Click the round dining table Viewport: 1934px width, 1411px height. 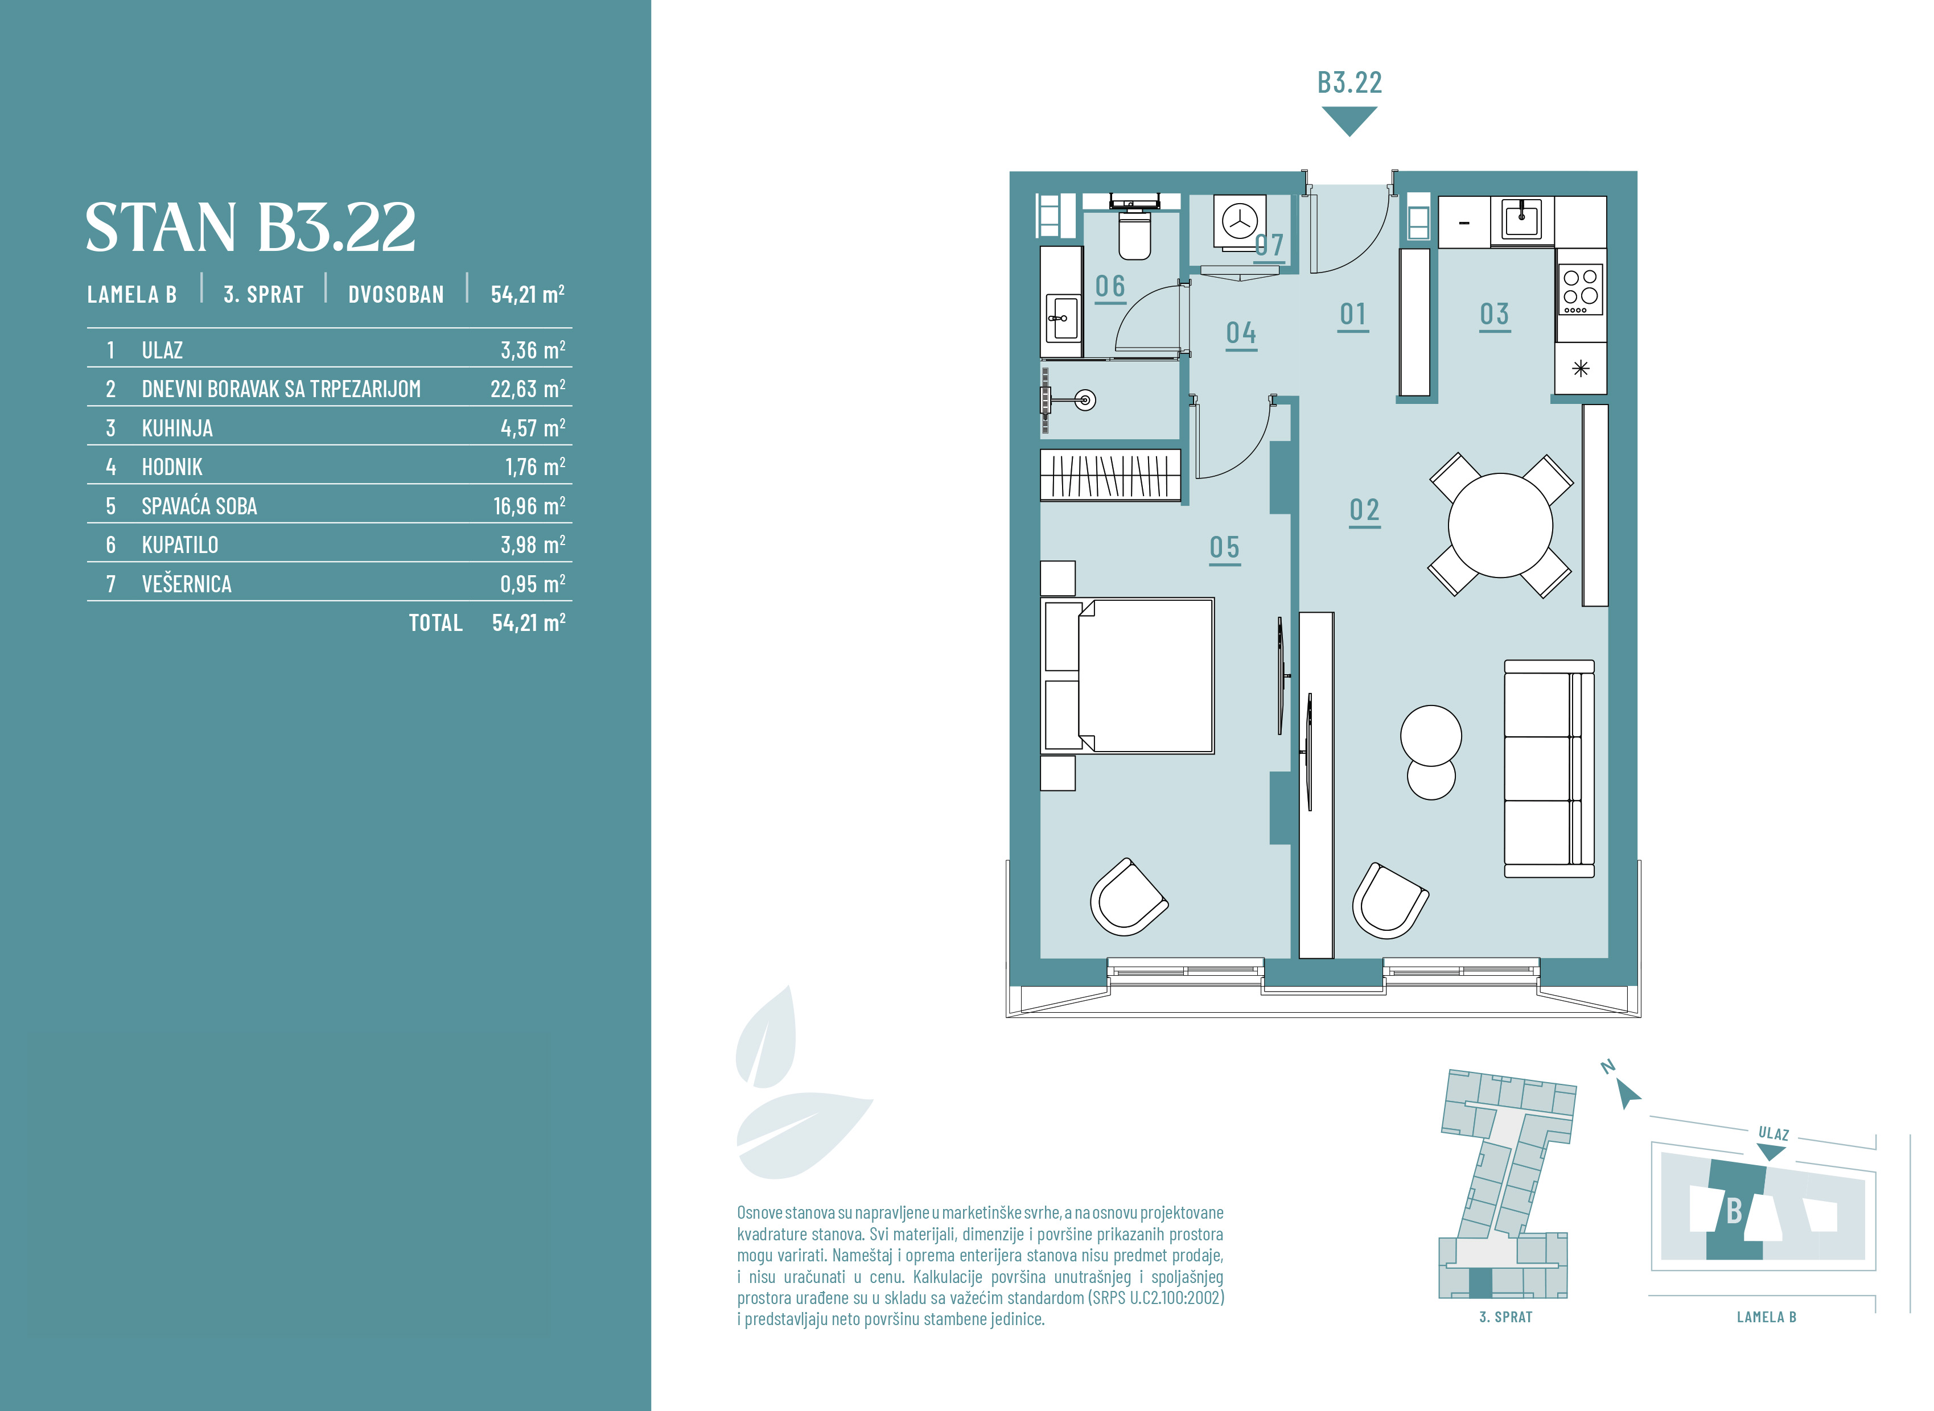coord(1500,525)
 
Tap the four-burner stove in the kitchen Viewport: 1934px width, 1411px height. coord(1581,290)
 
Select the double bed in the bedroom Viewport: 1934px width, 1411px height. coord(1128,675)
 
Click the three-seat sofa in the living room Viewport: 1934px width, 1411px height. coord(1549,769)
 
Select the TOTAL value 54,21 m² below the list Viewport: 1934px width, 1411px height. coord(529,622)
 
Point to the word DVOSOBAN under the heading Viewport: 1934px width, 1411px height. coord(396,295)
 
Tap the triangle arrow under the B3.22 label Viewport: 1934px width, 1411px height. coord(1349,119)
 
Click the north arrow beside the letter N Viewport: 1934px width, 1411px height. coord(1628,1094)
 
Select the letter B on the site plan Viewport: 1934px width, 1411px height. coord(1734,1210)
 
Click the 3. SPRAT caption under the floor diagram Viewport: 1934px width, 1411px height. coord(1506,1317)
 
